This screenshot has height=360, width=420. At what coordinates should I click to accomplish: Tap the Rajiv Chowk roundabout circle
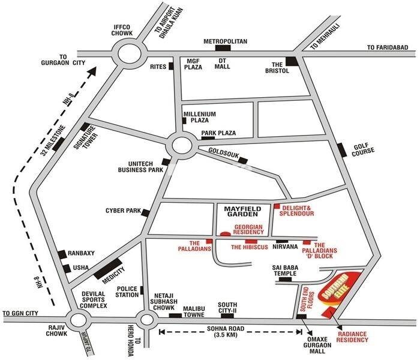(80, 320)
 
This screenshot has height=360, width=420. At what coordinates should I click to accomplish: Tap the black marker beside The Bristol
(292, 61)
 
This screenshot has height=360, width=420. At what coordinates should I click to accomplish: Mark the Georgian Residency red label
(249, 229)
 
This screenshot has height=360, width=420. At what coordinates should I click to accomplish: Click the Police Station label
(127, 292)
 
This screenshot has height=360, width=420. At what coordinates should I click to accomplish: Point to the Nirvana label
(284, 247)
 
